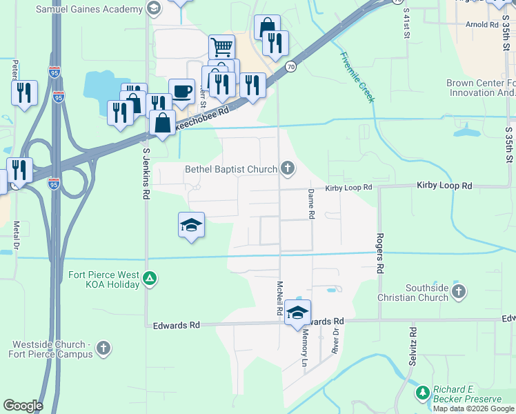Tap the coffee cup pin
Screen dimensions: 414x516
click(x=181, y=92)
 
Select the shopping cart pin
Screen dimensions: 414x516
click(x=221, y=48)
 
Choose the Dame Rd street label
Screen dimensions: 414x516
click(x=311, y=204)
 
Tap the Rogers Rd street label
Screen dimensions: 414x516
click(x=379, y=253)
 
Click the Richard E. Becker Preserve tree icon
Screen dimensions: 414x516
click(x=422, y=393)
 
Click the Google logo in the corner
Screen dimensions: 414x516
click(x=23, y=406)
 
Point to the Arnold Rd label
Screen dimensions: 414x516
click(x=482, y=25)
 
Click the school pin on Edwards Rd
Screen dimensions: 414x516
click(x=297, y=313)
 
